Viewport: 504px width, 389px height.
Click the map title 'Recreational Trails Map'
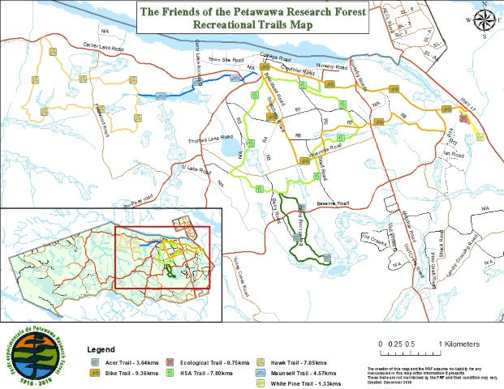[x=251, y=25]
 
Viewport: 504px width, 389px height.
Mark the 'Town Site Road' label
[x=226, y=61]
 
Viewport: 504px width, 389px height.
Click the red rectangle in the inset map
[x=162, y=257]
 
